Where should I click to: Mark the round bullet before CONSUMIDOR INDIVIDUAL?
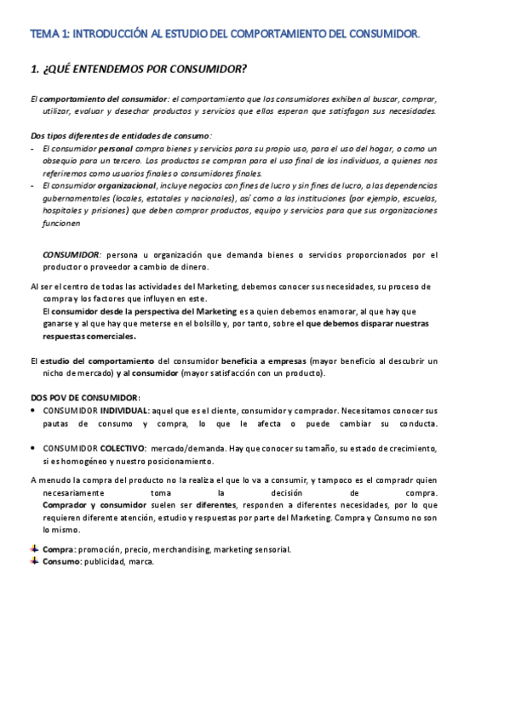coord(33,411)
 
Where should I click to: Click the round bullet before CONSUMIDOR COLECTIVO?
coord(33,448)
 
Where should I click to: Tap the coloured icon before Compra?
coord(34,549)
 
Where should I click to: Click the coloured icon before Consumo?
coord(34,562)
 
